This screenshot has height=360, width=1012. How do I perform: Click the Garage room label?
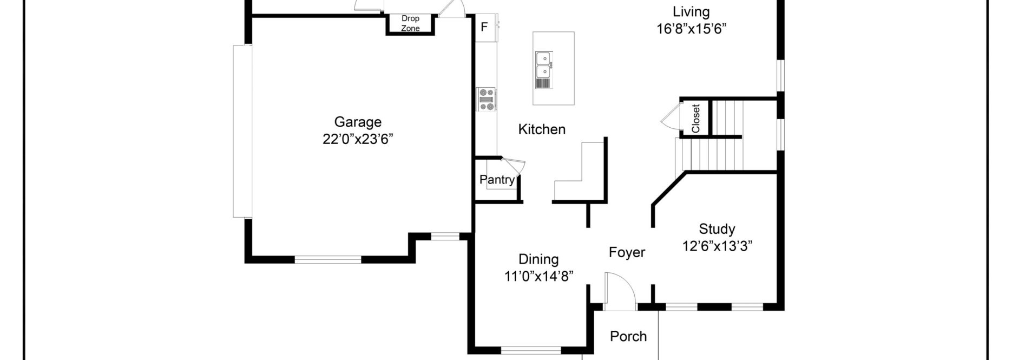click(x=357, y=122)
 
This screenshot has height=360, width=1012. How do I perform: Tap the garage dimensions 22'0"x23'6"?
click(x=357, y=140)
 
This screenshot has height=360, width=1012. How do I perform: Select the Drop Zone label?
click(x=410, y=23)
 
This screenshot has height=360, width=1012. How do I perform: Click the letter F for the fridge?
click(x=484, y=27)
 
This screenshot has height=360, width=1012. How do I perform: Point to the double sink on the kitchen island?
click(x=543, y=65)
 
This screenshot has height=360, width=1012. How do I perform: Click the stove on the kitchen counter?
click(x=486, y=100)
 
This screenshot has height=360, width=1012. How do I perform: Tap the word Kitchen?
click(x=542, y=129)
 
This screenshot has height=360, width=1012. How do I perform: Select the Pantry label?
click(x=496, y=180)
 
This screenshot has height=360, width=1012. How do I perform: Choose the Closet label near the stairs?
click(x=696, y=119)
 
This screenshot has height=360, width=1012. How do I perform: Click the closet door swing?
click(x=671, y=117)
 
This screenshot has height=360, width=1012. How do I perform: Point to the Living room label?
click(x=691, y=12)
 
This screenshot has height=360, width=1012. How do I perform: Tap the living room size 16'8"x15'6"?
click(x=691, y=29)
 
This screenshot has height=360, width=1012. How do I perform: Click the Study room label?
click(x=717, y=228)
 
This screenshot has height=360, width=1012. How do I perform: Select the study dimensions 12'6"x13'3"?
click(x=717, y=246)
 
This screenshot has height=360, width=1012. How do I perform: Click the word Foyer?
click(x=627, y=252)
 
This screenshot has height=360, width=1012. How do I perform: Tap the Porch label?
click(x=628, y=336)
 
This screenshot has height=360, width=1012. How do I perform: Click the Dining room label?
click(x=538, y=259)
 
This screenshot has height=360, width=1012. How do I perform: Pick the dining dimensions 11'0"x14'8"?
click(x=538, y=277)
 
